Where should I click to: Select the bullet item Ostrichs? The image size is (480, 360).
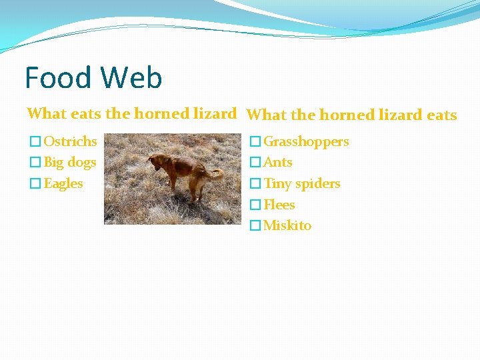tap(70, 141)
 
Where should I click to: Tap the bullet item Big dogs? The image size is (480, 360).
tap(70, 162)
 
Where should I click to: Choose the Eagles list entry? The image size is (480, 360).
tap(63, 183)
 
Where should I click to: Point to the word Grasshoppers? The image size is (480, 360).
tap(306, 141)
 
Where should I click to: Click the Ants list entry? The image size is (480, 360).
tap(278, 162)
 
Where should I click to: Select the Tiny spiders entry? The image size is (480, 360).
tap(302, 183)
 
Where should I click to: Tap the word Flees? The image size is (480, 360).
tap(279, 205)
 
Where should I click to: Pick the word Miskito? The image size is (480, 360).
tap(287, 225)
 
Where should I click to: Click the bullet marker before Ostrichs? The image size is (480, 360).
tap(35, 142)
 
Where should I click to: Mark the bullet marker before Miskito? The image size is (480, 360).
tap(255, 226)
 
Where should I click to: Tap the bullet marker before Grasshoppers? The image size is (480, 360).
tap(255, 142)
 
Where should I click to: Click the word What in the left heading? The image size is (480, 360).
tap(46, 113)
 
